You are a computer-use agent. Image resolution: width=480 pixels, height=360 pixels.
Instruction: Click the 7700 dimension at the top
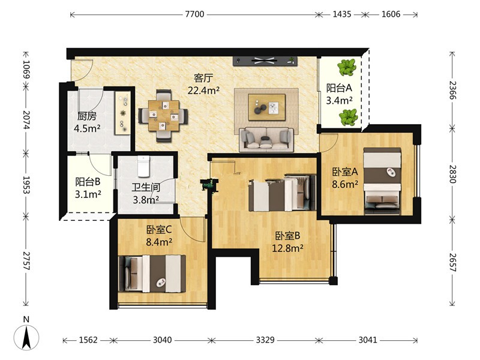pyautogui.click(x=194, y=14)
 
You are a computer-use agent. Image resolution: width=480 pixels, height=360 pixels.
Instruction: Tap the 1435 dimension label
pyautogui.click(x=341, y=14)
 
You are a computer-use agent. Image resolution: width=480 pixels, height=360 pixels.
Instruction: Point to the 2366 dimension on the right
pyautogui.click(x=452, y=90)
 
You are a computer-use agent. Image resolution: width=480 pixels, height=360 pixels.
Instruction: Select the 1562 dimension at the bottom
pyautogui.click(x=88, y=340)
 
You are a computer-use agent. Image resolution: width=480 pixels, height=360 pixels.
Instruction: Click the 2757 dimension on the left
pyautogui.click(x=26, y=261)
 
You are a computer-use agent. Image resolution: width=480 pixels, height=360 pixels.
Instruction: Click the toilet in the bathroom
pyautogui.click(x=143, y=166)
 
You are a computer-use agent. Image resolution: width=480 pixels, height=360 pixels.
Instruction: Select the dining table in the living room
pyautogui.click(x=163, y=115)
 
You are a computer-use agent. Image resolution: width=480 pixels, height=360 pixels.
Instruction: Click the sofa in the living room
pyautogui.click(x=266, y=140)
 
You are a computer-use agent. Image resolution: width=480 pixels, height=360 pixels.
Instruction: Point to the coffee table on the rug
pyautogui.click(x=266, y=107)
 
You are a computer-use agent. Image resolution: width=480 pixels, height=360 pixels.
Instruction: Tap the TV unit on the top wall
pyautogui.click(x=265, y=61)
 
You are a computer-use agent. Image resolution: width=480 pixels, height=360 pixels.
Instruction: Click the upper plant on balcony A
pyautogui.click(x=347, y=67)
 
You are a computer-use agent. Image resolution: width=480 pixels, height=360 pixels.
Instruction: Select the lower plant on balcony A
pyautogui.click(x=348, y=117)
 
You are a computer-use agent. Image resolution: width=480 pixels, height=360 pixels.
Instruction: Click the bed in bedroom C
pyautogui.click(x=152, y=274)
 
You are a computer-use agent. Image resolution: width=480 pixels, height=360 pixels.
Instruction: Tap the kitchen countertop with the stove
pyautogui.click(x=123, y=113)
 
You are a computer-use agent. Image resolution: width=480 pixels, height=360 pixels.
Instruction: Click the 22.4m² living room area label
pyautogui.click(x=203, y=91)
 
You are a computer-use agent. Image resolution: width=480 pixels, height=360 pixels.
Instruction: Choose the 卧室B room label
pyautogui.click(x=287, y=236)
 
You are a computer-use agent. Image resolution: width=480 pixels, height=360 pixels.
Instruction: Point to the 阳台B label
pyautogui.click(x=88, y=182)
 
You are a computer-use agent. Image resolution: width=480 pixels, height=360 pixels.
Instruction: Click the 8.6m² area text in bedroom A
pyautogui.click(x=345, y=184)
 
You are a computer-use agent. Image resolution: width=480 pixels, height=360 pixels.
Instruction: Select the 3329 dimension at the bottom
pyautogui.click(x=265, y=340)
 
